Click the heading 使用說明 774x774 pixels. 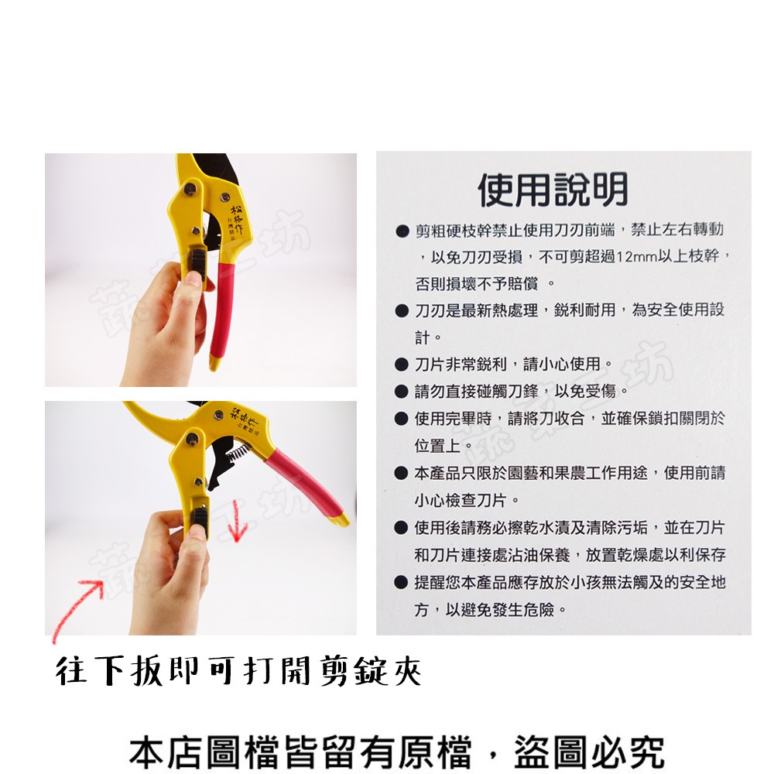tap(553, 189)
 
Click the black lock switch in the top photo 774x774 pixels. tap(198, 262)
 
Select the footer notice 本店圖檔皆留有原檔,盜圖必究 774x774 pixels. tap(397, 751)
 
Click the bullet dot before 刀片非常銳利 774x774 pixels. tap(402, 365)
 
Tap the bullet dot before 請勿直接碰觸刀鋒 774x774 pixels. tap(402, 392)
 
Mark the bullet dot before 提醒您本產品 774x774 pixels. tap(402, 583)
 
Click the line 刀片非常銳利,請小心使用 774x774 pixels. tap(513, 365)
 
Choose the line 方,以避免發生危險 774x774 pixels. tap(491, 610)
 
